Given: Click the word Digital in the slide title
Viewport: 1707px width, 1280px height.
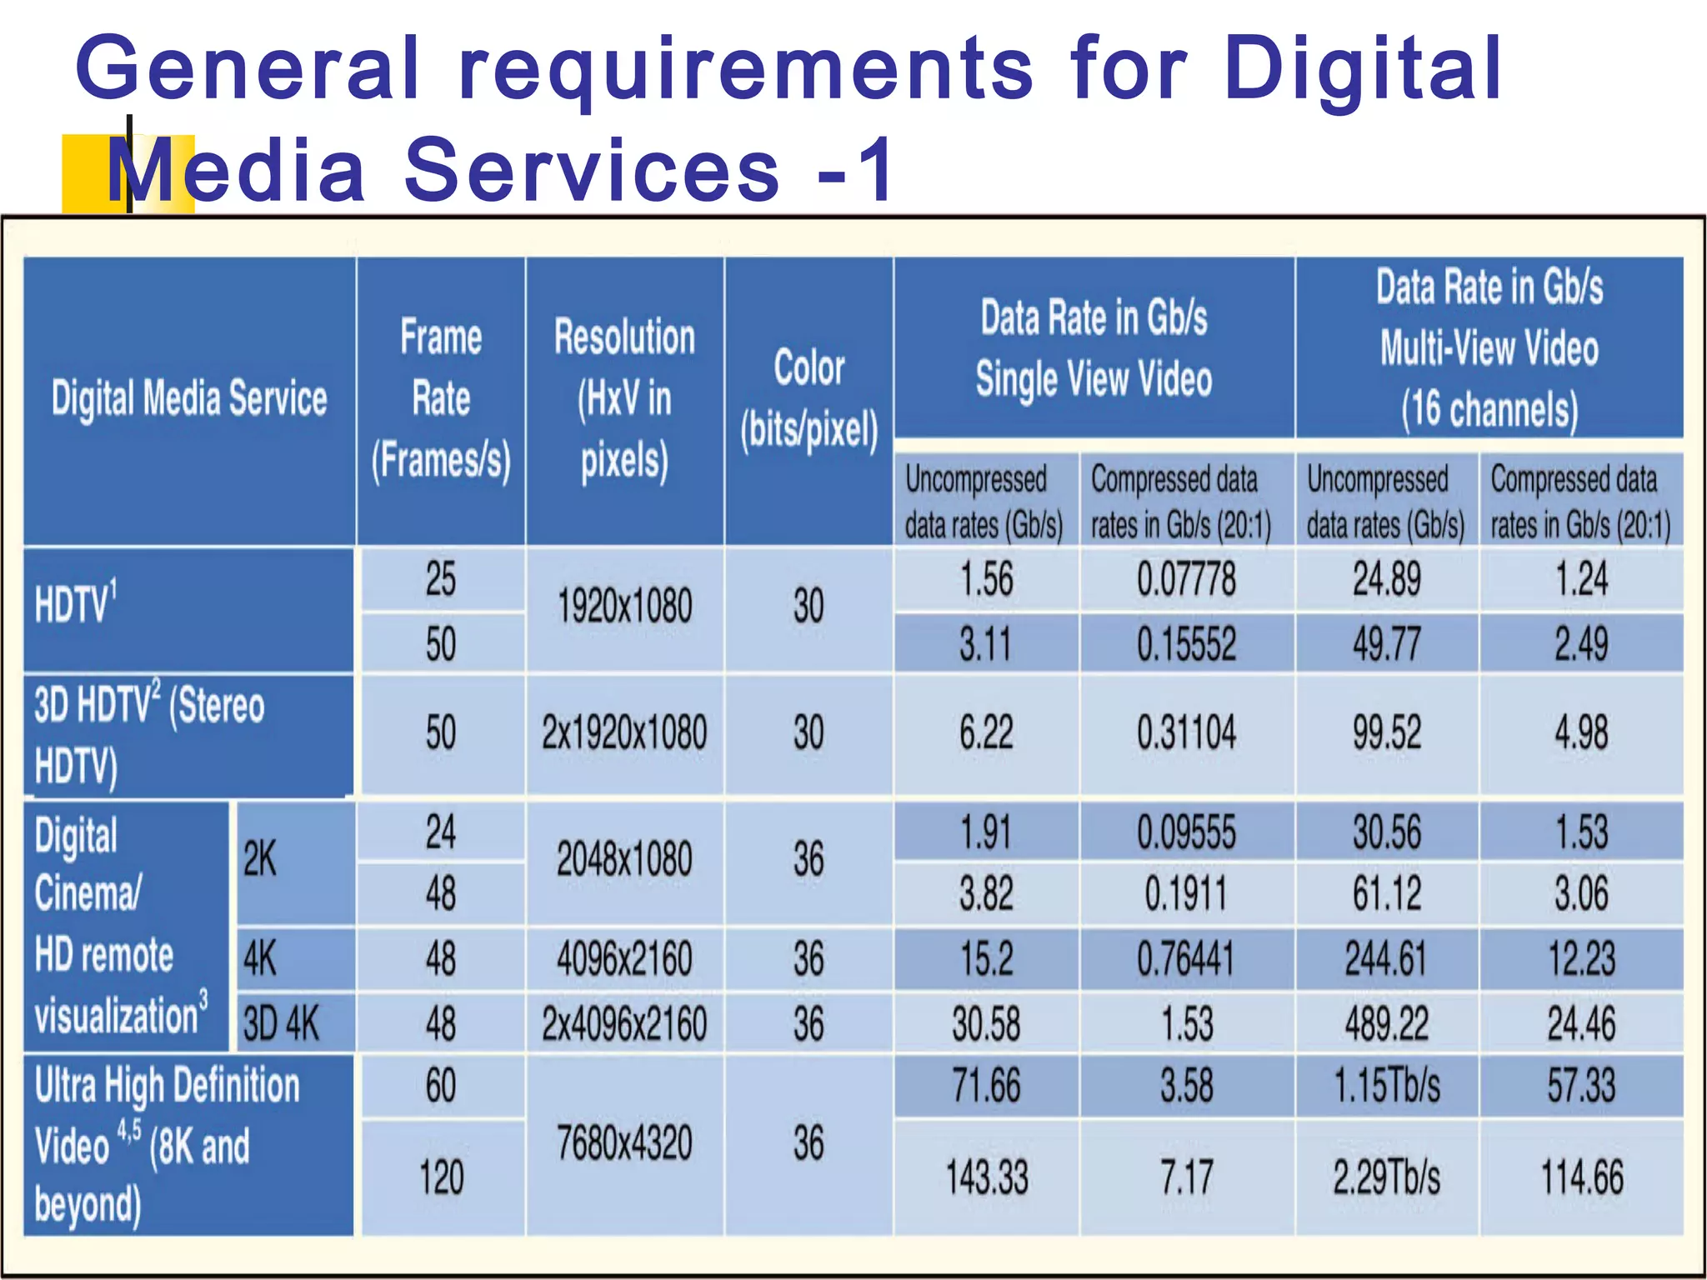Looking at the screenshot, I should click(1364, 68).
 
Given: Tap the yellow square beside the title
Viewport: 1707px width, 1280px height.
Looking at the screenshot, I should click(92, 173).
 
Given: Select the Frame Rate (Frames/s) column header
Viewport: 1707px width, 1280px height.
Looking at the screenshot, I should click(441, 400).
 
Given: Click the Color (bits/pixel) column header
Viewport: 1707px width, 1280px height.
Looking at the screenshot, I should click(808, 400).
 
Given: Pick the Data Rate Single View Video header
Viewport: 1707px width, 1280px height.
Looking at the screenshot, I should click(1094, 348).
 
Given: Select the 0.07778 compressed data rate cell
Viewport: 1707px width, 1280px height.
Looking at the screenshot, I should click(1186, 580).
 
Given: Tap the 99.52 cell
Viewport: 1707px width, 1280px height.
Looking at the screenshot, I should click(1386, 733).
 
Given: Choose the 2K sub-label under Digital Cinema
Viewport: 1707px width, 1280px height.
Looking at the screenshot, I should click(260, 860).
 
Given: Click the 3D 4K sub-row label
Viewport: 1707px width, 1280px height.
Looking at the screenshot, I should click(282, 1023).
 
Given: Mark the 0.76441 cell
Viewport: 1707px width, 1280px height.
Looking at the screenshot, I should click(1186, 958).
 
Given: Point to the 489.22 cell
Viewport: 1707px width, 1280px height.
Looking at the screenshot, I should click(1386, 1023).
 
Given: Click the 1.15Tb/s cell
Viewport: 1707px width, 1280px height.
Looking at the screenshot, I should click(1386, 1086).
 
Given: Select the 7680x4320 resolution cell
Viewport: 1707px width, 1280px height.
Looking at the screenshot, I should click(624, 1143).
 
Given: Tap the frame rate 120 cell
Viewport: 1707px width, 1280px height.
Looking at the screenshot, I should click(441, 1177).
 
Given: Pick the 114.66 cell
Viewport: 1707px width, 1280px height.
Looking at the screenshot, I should click(1581, 1177).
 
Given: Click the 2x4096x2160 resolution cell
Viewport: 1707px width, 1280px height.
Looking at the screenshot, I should click(624, 1023).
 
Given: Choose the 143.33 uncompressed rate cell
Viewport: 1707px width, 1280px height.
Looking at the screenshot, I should click(986, 1177).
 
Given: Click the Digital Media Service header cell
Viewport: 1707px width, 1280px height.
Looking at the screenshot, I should click(189, 398).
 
